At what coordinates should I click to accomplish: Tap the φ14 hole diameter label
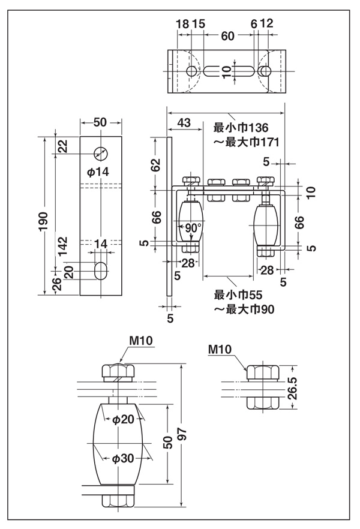point(98,172)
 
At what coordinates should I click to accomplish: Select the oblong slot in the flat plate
point(101,271)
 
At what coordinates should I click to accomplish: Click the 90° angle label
point(193,229)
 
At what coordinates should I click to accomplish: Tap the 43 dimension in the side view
point(184,123)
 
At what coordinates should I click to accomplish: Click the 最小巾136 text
point(242,128)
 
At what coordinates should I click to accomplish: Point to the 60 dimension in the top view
point(227,37)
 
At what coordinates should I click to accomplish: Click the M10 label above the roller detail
point(142,341)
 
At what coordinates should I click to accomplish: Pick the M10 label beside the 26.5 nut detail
point(220,349)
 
